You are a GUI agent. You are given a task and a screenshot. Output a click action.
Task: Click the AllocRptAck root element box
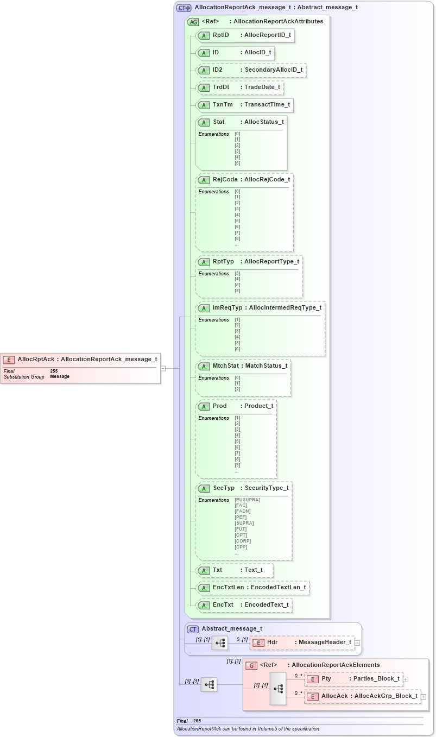pyautogui.click(x=81, y=359)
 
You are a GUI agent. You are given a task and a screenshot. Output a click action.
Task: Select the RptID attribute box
pyautogui.click(x=245, y=35)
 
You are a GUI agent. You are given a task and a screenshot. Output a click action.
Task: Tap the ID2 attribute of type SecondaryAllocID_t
pyautogui.click(x=251, y=70)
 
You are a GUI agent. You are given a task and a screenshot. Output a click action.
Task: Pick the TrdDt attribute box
pyautogui.click(x=239, y=87)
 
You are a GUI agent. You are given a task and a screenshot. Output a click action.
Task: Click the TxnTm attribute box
pyautogui.click(x=245, y=105)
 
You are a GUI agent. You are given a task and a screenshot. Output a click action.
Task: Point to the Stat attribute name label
pyautogui.click(x=219, y=122)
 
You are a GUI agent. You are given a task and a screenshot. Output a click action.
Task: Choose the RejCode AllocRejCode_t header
pyautogui.click(x=244, y=180)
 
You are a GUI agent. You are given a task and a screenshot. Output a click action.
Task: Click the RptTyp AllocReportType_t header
pyautogui.click(x=249, y=262)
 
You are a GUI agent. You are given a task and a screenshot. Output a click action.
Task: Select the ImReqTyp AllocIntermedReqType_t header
pyautogui.click(x=260, y=308)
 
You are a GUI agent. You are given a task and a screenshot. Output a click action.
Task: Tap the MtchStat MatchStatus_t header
pyautogui.click(x=243, y=366)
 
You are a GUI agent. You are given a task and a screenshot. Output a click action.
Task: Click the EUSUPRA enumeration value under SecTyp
pyautogui.click(x=248, y=500)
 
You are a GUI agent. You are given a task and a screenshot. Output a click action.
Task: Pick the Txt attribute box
pyautogui.click(x=235, y=570)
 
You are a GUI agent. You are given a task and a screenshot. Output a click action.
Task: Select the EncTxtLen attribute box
pyautogui.click(x=252, y=588)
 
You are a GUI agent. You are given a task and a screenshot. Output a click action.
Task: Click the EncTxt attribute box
pyautogui.click(x=244, y=605)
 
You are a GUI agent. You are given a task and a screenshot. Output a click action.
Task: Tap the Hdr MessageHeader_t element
pyautogui.click(x=302, y=642)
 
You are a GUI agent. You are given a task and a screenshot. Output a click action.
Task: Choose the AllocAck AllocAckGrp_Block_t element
pyautogui.click(x=363, y=696)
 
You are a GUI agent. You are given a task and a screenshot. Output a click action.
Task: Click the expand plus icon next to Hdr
pyautogui.click(x=357, y=643)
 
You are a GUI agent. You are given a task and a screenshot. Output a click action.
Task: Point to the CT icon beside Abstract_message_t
pyautogui.click(x=193, y=629)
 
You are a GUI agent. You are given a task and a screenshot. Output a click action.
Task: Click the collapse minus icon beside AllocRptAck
pyautogui.click(x=163, y=368)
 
